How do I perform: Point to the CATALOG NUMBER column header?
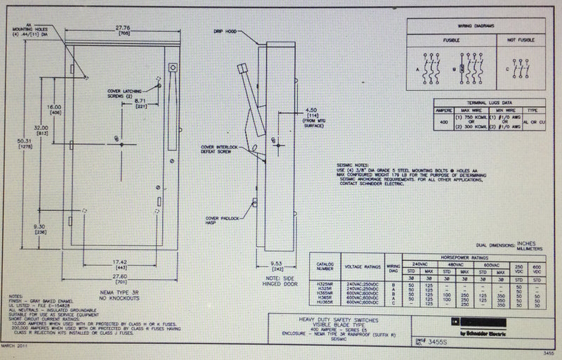click(322, 268)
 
